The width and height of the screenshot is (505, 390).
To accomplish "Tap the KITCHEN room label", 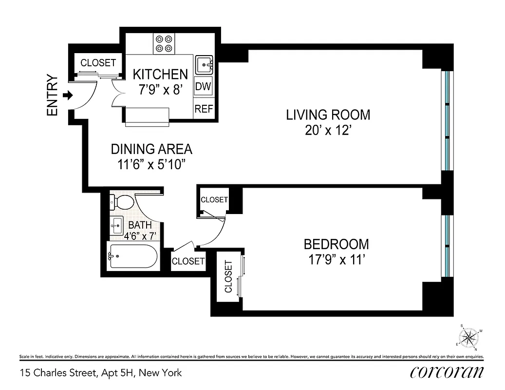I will pyautogui.click(x=160, y=74).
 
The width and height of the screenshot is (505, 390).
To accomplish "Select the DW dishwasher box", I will pyautogui.click(x=203, y=87).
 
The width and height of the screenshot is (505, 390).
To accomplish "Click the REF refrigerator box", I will pyautogui.click(x=204, y=109).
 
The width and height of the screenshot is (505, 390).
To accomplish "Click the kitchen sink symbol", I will pyautogui.click(x=204, y=64).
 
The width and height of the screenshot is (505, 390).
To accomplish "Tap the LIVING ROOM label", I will pyautogui.click(x=328, y=115).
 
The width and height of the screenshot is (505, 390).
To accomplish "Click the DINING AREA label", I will pyautogui.click(x=151, y=149).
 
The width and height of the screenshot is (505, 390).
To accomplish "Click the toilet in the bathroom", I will pyautogui.click(x=122, y=201).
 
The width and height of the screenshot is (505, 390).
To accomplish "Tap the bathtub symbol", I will pyautogui.click(x=132, y=256).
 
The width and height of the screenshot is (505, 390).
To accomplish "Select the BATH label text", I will pyautogui.click(x=140, y=225).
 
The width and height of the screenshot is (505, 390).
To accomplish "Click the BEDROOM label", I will pyautogui.click(x=336, y=244).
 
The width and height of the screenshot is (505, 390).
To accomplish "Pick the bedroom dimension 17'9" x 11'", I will pyautogui.click(x=336, y=259).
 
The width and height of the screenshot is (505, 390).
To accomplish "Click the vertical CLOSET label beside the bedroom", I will pyautogui.click(x=228, y=276).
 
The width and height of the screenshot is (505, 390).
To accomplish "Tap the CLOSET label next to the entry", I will pyautogui.click(x=98, y=63).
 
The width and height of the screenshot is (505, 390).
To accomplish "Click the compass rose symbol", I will pyautogui.click(x=469, y=336).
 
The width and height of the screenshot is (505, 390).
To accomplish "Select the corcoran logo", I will pyautogui.click(x=447, y=372).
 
